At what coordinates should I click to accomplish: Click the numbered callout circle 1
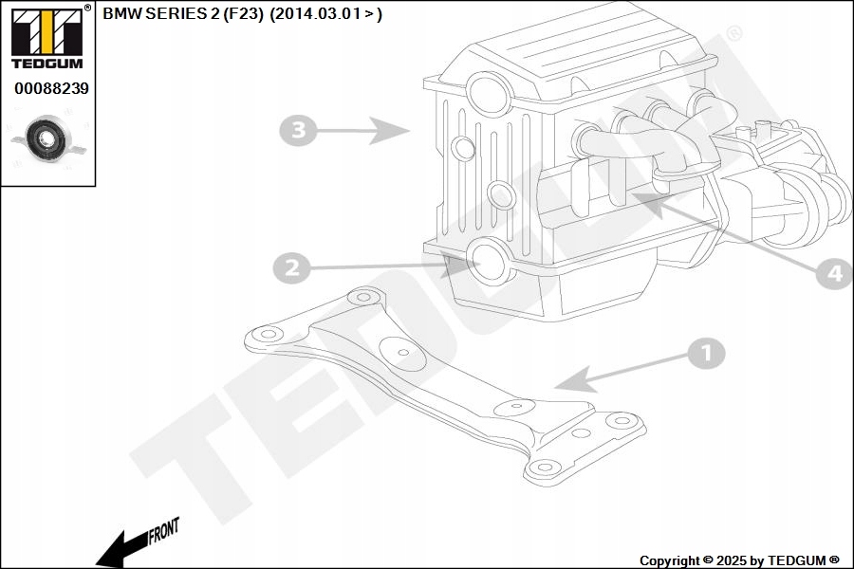(705, 354)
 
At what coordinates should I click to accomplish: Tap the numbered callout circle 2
(291, 268)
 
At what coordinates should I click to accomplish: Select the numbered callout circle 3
(298, 129)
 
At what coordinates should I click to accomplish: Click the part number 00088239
(51, 88)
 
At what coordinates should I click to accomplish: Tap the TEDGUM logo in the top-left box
(46, 38)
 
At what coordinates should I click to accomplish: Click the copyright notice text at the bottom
(739, 560)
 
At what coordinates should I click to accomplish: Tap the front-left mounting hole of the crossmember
(265, 334)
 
